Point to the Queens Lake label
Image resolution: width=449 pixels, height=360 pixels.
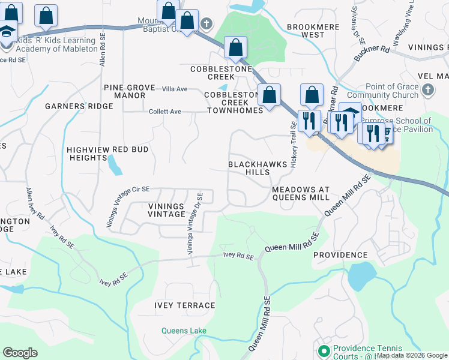tap(184, 331)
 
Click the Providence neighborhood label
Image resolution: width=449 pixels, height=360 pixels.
tap(340, 255)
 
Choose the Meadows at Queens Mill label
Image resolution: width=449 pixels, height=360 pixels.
tap(300, 193)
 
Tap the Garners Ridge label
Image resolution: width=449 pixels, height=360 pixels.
tap(79, 106)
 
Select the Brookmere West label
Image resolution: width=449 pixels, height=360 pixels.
tap(306, 31)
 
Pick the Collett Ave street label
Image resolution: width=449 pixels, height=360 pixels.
tap(165, 112)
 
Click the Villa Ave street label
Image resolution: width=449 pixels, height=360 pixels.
tap(175, 89)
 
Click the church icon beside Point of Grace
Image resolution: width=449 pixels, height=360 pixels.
tap(427, 91)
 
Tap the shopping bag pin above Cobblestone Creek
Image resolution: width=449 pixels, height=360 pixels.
tap(237, 47)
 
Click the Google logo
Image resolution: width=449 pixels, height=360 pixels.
tap(20, 353)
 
